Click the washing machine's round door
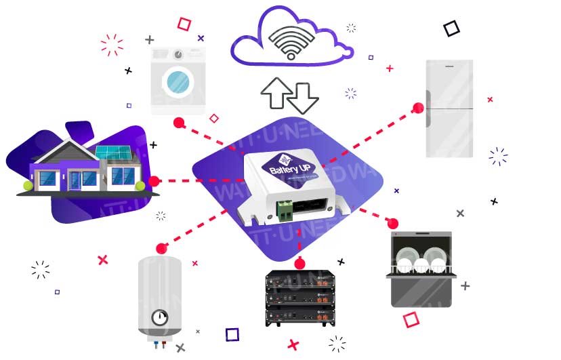point(178,81)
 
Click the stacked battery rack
point(299,298)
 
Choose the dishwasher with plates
point(421,269)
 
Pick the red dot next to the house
point(154,181)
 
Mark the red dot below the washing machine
point(179,123)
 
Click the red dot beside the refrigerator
point(419,107)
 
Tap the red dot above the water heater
point(161,248)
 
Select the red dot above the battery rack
point(300,263)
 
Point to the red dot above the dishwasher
point(392,222)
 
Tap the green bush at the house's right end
point(140,185)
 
